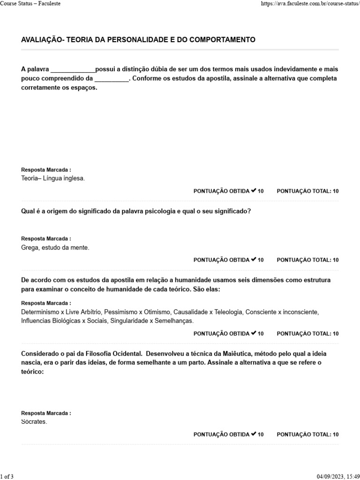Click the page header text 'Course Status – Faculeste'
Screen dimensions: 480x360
[30, 3]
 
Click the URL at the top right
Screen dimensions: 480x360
[309, 3]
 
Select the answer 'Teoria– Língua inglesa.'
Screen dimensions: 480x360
[53, 178]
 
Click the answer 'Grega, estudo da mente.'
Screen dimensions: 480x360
[55, 247]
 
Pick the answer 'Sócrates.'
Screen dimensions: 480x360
[34, 421]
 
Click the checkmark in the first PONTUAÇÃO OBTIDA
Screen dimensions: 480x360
[253, 191]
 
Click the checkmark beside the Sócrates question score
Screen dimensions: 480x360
[253, 434]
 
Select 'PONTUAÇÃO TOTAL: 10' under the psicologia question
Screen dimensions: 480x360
[307, 260]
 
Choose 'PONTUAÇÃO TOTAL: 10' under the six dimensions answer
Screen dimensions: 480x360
[307, 334]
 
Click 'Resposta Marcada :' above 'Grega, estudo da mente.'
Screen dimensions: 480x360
[46, 239]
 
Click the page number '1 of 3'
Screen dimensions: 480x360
[7, 476]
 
